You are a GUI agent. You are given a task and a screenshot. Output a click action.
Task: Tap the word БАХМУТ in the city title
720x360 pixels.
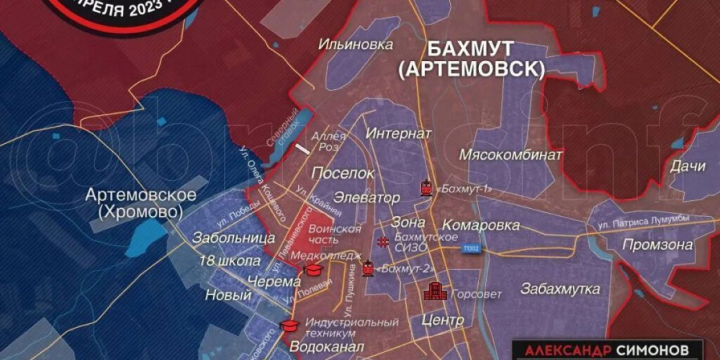(471, 49)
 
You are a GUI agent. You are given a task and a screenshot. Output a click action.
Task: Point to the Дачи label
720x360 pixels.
(687, 166)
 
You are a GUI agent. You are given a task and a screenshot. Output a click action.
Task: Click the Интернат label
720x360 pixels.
(398, 134)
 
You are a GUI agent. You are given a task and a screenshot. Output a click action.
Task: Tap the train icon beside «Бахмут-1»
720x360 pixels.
(426, 188)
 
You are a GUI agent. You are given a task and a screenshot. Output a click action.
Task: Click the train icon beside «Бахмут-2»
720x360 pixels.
(369, 269)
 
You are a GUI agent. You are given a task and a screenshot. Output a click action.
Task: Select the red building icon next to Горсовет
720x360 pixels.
(433, 292)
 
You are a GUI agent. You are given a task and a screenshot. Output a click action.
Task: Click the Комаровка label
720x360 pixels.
(481, 225)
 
